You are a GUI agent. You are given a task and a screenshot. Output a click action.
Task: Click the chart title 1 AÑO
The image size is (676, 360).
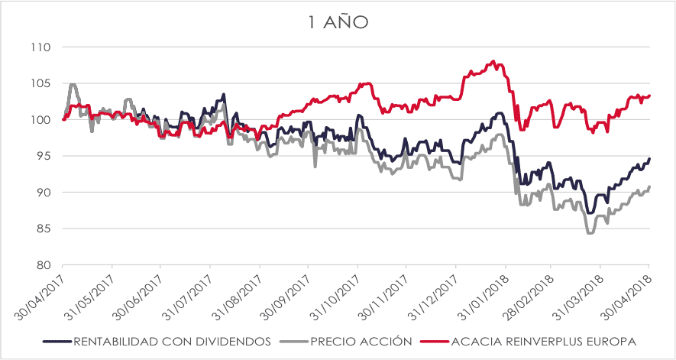338,23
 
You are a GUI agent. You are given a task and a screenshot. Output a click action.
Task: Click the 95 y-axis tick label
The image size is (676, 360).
43,156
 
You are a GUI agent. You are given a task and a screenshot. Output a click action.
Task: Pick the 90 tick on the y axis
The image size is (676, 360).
43,193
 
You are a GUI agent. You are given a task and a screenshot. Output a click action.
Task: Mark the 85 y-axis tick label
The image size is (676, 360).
43,229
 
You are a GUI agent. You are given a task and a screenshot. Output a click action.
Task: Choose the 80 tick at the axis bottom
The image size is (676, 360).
43,265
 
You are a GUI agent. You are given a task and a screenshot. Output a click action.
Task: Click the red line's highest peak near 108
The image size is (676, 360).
494,61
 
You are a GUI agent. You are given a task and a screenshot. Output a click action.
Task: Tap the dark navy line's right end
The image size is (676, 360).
649,159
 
